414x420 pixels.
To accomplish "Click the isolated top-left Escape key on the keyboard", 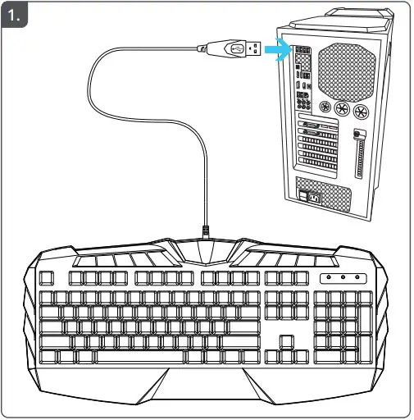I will tap(47, 278).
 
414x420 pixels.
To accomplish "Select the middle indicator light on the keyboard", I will tap(343, 278).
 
